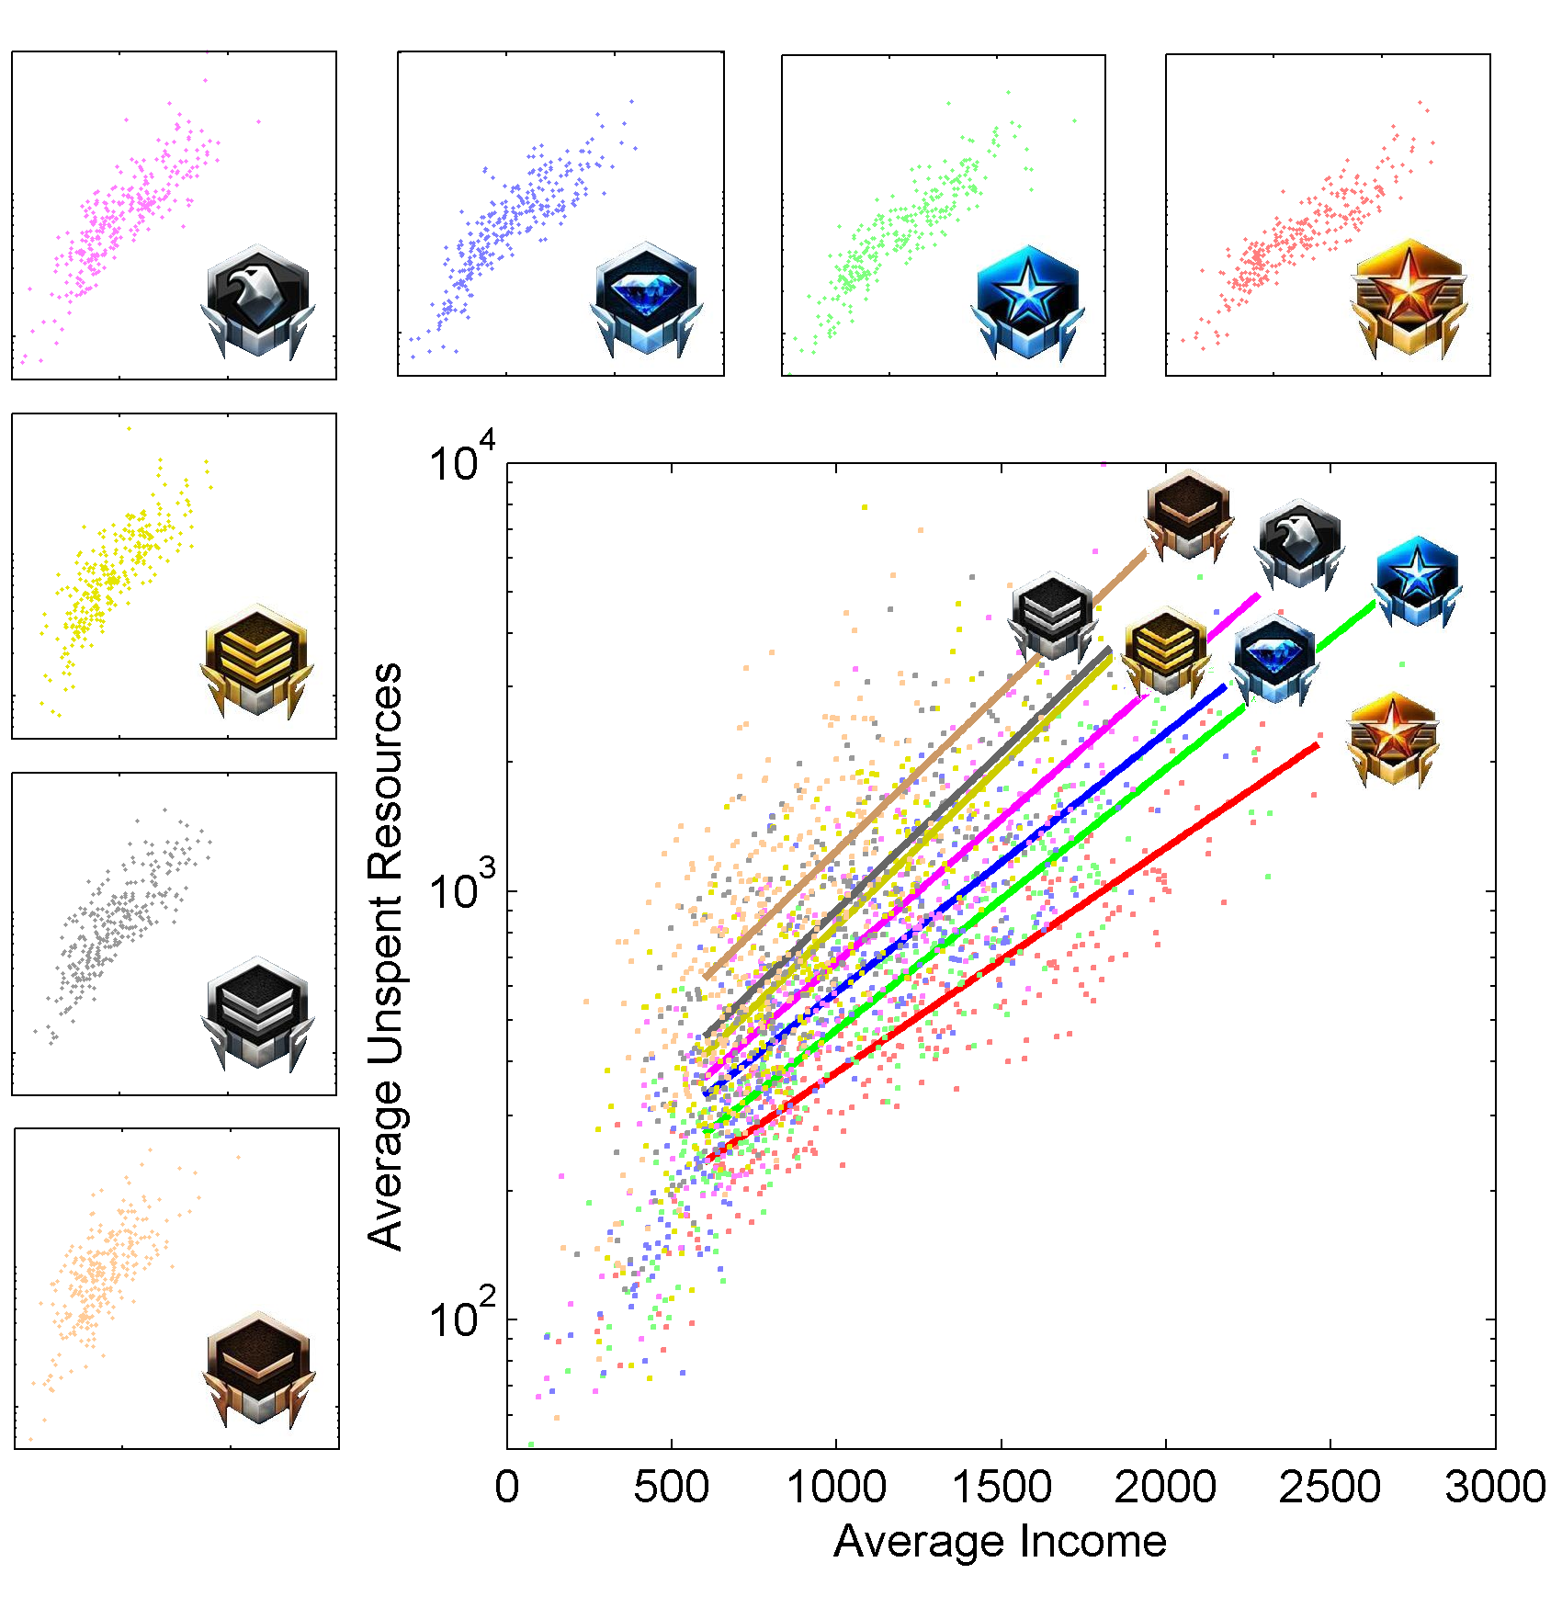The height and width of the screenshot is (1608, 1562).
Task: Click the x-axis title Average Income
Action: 1000,1541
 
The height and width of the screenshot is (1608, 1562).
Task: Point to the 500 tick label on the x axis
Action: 671,1487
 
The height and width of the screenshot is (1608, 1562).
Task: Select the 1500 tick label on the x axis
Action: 1002,1487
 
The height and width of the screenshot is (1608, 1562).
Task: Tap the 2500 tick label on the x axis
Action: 1330,1487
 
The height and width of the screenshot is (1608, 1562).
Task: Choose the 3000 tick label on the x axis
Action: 1495,1487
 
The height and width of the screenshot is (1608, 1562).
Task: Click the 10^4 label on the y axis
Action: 462,459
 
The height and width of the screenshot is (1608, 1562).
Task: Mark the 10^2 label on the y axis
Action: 462,1316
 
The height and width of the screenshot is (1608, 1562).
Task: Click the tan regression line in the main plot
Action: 919,772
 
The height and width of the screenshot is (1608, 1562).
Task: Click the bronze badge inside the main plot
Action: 1189,515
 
